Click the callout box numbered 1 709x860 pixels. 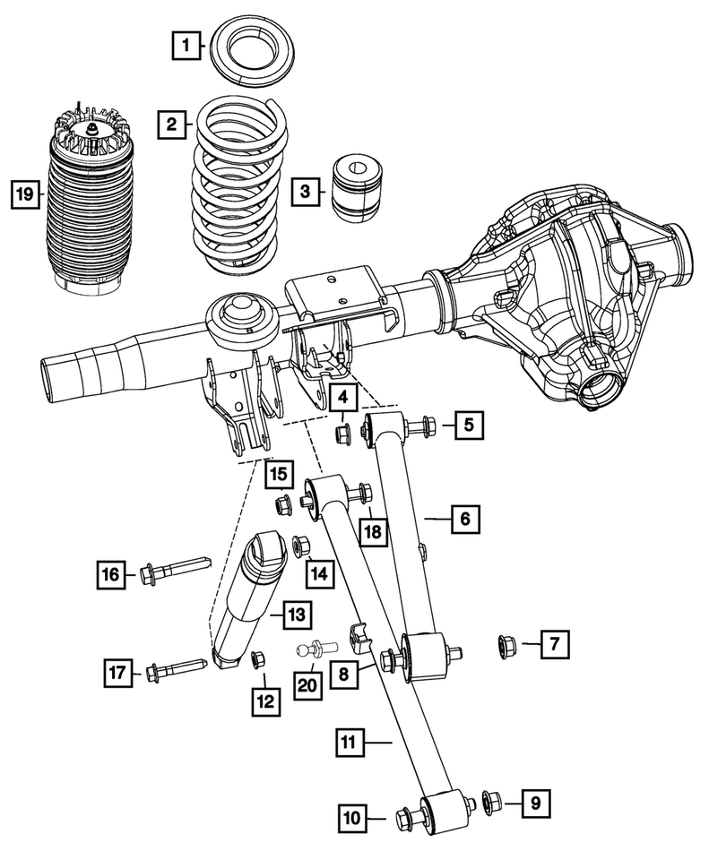[186, 45]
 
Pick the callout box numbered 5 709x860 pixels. [469, 425]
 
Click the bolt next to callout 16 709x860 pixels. [176, 571]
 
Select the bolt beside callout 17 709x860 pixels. [176, 671]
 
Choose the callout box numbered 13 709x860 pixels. [297, 615]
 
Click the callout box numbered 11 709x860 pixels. [350, 743]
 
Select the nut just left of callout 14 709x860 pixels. [301, 546]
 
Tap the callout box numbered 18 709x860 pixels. [373, 531]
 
